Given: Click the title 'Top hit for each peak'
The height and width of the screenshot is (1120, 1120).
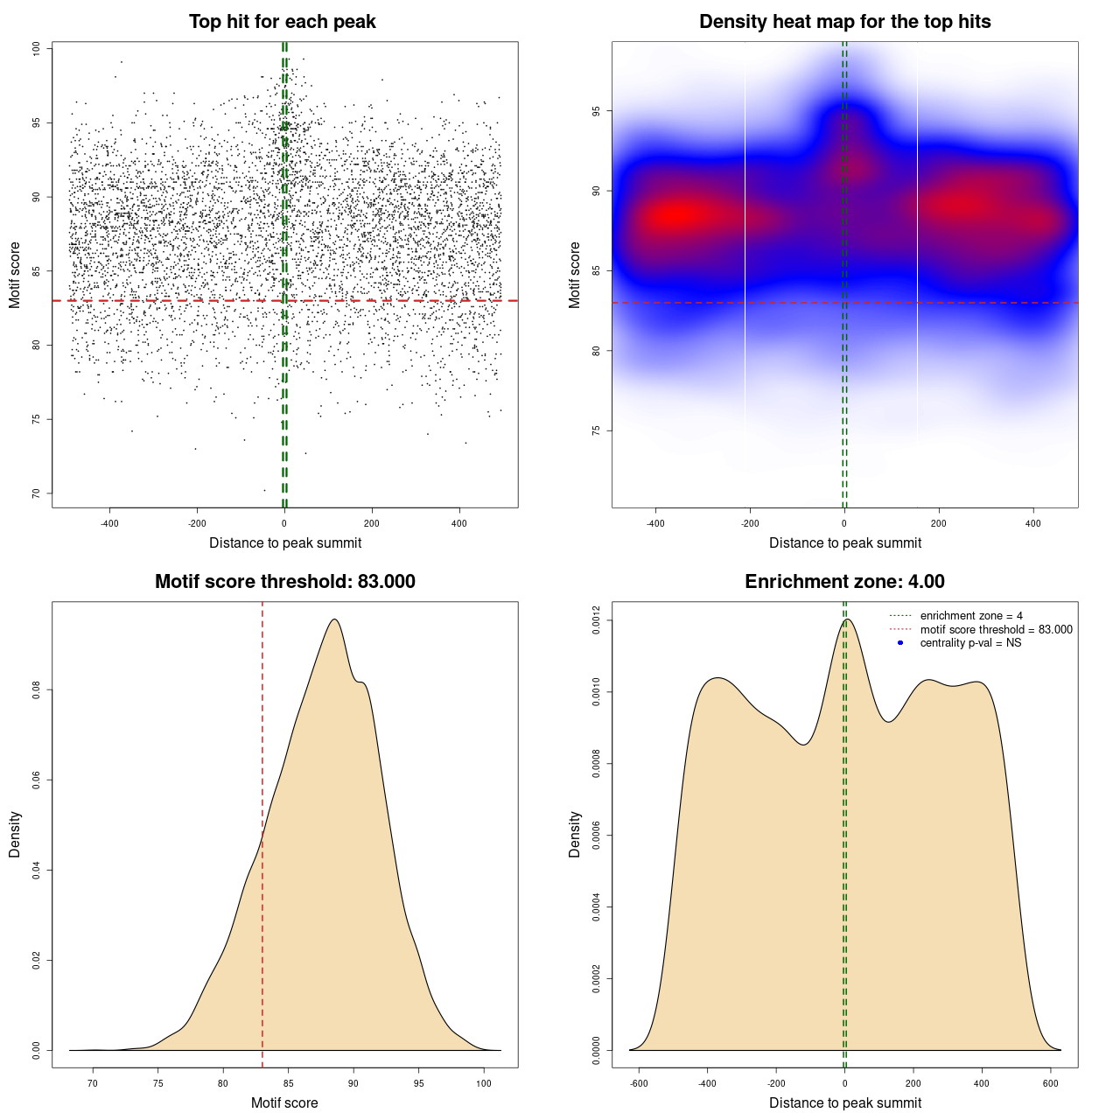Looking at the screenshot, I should point(282,22).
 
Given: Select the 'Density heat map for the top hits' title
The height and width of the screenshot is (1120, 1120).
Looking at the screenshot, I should point(844,22).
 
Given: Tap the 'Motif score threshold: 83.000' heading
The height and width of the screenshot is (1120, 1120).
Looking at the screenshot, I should point(284,582).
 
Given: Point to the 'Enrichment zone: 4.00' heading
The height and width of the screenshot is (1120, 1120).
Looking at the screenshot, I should point(844,582).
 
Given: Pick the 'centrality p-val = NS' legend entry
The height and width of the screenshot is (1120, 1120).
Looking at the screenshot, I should point(970,643).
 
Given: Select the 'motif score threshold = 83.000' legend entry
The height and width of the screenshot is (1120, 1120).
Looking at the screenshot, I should point(996,630).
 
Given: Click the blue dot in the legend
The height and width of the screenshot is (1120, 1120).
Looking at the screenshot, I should point(900,643).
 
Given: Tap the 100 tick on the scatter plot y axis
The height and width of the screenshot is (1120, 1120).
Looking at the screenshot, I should point(36,49).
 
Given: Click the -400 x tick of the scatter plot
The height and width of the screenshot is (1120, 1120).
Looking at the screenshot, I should point(109,523).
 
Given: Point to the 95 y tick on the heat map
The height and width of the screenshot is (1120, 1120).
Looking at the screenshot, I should point(596,111).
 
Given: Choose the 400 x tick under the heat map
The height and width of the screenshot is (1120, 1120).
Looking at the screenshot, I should point(1033,523).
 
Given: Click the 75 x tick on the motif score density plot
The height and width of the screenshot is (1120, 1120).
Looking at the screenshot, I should point(158,1083).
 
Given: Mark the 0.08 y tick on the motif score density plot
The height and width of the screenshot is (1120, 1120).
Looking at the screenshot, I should point(36,690).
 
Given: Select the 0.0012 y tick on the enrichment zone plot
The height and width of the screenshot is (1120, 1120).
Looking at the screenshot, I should point(596,620).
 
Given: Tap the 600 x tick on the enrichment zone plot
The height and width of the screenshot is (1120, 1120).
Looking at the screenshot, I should point(1051,1083).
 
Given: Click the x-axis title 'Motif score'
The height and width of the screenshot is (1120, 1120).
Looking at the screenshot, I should point(284,1102).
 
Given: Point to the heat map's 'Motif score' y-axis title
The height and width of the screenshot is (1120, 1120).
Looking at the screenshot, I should point(574,275).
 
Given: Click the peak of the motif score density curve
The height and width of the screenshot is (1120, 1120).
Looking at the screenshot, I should point(334,619).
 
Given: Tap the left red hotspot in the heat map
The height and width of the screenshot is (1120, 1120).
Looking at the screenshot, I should point(678,215).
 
